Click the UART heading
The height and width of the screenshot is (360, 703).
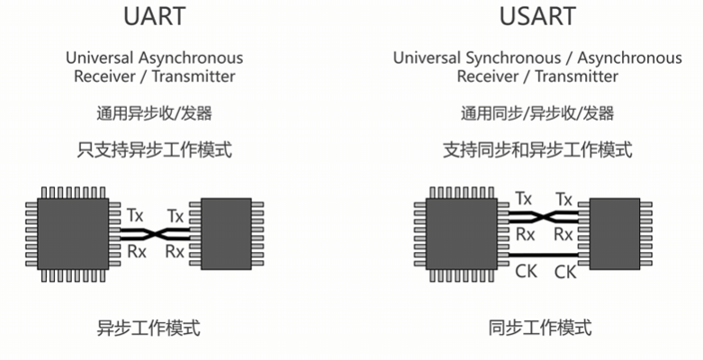click(153, 18)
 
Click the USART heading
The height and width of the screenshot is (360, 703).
click(537, 18)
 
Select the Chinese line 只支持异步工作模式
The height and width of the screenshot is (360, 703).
click(154, 149)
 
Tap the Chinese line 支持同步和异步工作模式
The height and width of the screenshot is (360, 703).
click(537, 149)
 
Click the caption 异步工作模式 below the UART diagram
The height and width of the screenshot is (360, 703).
click(149, 328)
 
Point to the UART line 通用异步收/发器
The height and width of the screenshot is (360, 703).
click(154, 113)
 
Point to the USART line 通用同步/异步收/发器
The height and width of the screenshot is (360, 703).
click(537, 113)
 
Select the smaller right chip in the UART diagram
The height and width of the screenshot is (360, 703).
click(226, 233)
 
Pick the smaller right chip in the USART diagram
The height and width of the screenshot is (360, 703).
click(614, 233)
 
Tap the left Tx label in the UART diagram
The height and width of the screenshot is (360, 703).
click(135, 215)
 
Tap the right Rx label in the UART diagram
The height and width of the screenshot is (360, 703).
click(176, 252)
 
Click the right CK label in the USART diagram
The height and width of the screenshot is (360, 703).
click(564, 271)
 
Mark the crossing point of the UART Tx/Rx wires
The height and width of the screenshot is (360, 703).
click(155, 233)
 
